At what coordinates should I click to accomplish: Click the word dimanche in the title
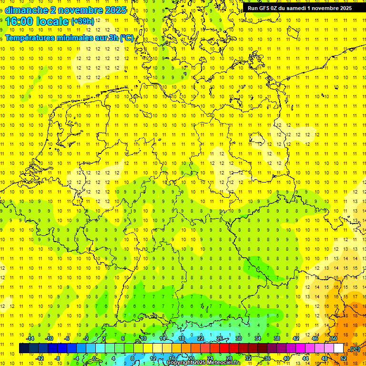[x=26, y=10]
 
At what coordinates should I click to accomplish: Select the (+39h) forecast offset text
[x=82, y=21]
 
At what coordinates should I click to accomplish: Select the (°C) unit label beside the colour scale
[x=355, y=349]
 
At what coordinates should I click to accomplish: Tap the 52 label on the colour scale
[x=344, y=358]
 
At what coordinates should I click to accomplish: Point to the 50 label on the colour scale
[x=334, y=338]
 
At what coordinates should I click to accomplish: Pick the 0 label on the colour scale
[x=94, y=358]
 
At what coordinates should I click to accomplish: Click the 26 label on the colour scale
[x=219, y=338]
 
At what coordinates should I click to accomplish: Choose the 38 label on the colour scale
[x=276, y=338]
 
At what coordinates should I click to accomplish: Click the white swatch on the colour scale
[x=338, y=348]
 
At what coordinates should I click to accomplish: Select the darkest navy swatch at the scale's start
[x=24, y=348]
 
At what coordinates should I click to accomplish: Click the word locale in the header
[x=51, y=21]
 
